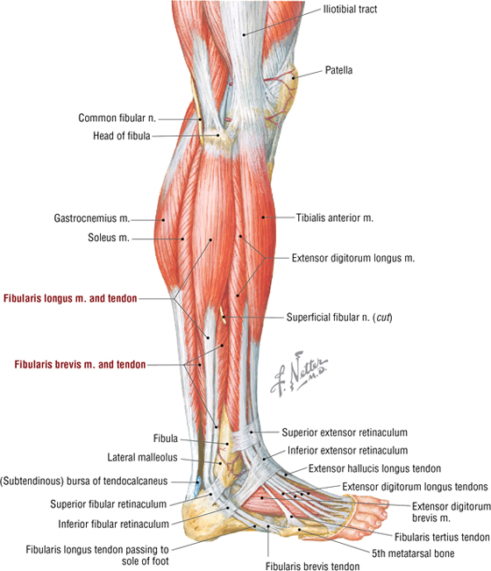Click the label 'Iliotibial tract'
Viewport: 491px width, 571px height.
pos(350,9)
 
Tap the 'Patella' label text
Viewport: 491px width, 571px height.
pos(338,70)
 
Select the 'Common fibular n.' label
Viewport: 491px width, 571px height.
pos(117,118)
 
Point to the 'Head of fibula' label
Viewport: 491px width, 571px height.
pos(122,136)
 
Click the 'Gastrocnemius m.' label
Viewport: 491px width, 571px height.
pos(92,218)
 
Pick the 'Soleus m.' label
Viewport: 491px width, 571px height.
pos(109,238)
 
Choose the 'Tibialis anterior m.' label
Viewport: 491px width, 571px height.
pos(334,218)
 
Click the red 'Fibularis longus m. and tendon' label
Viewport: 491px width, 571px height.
pos(70,298)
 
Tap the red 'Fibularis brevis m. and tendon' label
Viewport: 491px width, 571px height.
pos(80,364)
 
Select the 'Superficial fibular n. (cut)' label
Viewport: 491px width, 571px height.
pos(339,318)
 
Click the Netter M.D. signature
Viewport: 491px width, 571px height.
pos(298,373)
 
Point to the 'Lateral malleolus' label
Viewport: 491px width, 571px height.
pos(142,457)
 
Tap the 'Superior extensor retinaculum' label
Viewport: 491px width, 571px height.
pos(345,432)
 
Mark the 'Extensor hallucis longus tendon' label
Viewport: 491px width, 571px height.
pos(374,468)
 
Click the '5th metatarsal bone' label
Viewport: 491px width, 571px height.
pos(413,553)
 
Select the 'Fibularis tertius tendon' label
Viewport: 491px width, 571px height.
pos(442,537)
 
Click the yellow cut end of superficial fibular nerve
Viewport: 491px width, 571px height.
pos(223,315)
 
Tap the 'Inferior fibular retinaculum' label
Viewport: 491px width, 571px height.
pos(114,524)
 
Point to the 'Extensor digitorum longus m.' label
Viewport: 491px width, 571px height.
pos(353,258)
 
